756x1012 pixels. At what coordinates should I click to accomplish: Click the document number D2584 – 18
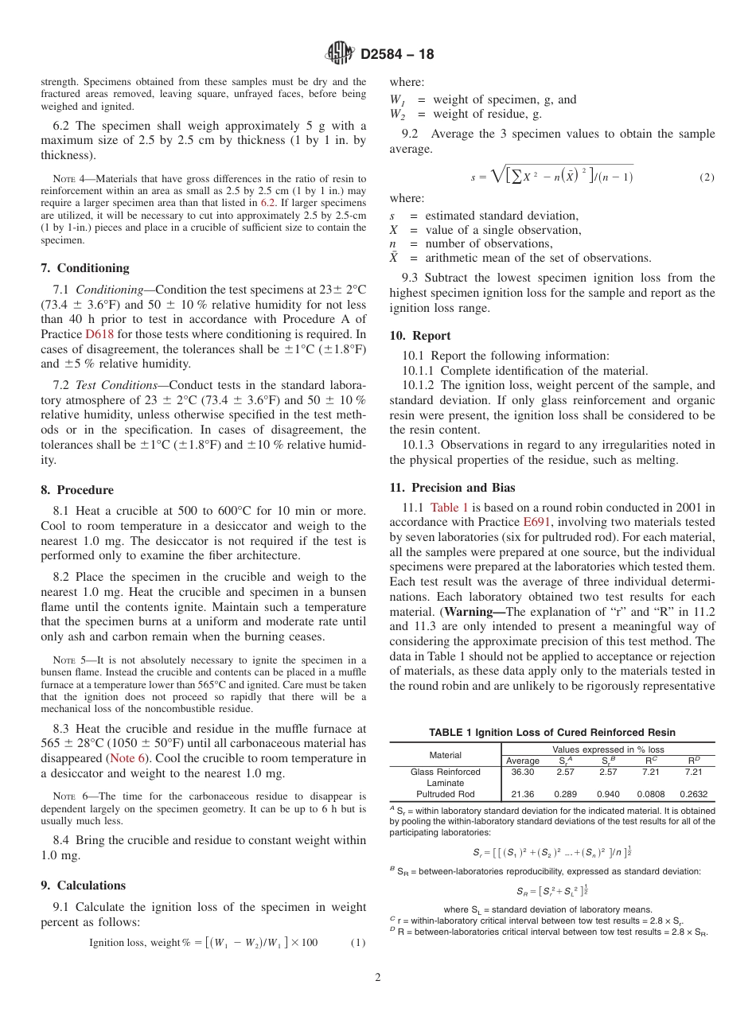397,55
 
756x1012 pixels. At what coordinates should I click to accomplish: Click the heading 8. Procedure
77,490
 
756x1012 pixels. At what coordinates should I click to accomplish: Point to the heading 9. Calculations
83,885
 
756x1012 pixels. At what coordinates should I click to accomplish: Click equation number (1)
357,943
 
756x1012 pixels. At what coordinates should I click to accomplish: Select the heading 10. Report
420,336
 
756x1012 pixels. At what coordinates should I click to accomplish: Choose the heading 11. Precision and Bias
452,488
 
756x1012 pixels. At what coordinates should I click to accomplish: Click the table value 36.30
522,772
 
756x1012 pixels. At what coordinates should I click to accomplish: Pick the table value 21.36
522,794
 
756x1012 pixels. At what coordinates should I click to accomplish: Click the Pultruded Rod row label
445,794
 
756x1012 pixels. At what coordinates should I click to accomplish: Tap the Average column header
522,761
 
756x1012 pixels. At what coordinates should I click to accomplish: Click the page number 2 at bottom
378,978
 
